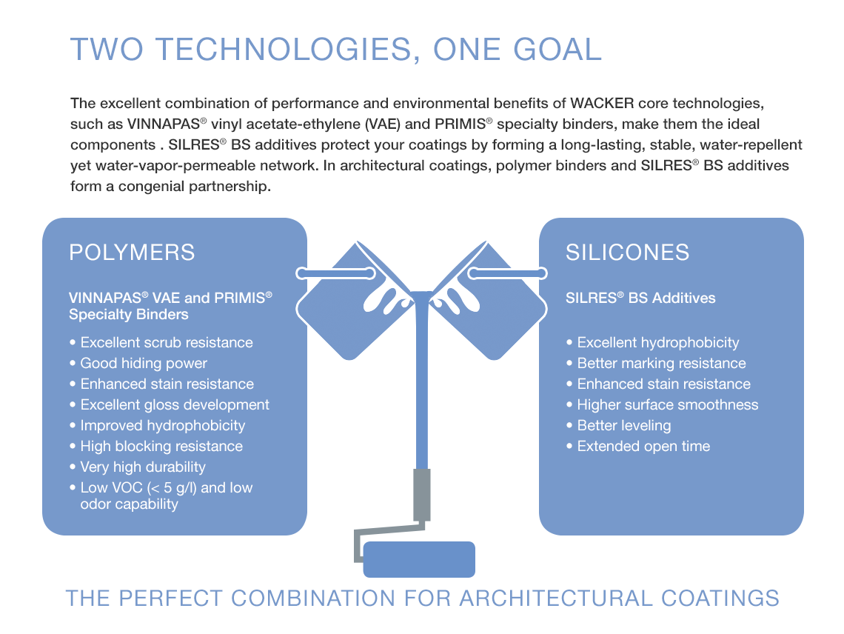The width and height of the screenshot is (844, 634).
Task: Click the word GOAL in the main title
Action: pos(557,50)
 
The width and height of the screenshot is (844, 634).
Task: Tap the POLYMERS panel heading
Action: pos(132,253)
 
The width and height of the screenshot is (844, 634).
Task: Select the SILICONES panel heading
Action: pos(628,253)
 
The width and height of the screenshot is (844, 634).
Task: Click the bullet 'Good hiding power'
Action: pos(138,364)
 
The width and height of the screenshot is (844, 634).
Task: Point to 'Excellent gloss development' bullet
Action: pos(170,405)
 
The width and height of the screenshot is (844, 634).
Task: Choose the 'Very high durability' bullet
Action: pos(138,467)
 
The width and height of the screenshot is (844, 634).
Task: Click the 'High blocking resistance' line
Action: pos(156,447)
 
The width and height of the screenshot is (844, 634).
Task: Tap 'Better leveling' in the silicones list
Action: pos(619,426)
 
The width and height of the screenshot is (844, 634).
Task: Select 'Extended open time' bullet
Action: pos(638,447)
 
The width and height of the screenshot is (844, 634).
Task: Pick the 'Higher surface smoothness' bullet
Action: pos(663,405)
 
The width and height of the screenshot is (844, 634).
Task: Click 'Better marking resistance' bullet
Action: pos(656,364)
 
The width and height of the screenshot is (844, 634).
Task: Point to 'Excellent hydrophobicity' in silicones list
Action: pos(653,343)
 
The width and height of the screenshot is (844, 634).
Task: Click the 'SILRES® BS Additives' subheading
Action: pos(640,298)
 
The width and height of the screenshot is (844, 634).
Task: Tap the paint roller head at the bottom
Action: pos(419,560)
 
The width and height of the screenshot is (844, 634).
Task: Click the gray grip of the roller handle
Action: pos(421,495)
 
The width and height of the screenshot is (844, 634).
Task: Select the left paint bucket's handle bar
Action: pos(336,273)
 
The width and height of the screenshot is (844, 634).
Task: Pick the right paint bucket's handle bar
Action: pos(508,273)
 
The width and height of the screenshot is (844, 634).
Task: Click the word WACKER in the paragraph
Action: pos(602,103)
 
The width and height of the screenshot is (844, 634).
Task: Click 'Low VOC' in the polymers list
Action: pos(111,488)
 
